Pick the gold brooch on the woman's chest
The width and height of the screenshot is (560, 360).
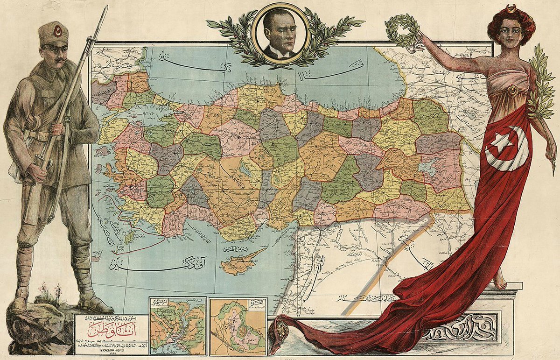tap(513, 91)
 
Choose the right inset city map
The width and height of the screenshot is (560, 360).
tap(238, 326)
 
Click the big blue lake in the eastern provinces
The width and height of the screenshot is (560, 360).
tap(428, 166)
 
